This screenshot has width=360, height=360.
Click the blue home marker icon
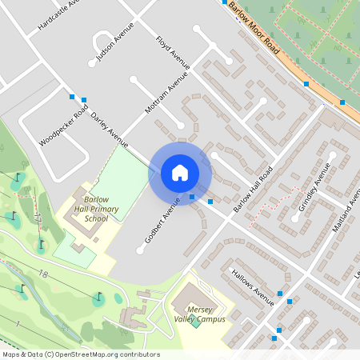point(179,173)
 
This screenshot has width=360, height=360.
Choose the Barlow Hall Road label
point(253,189)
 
